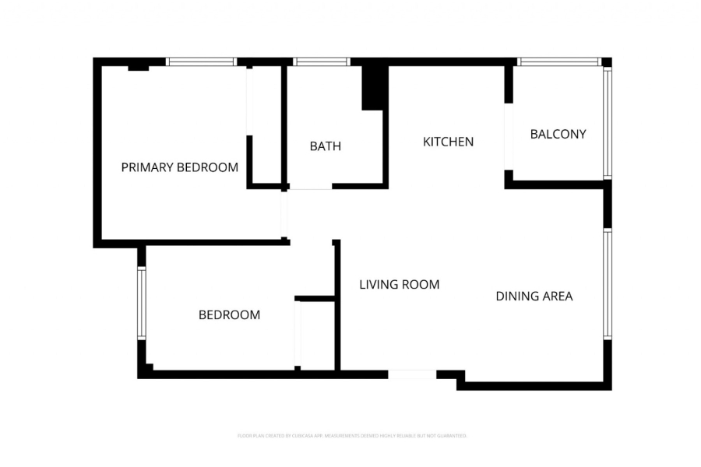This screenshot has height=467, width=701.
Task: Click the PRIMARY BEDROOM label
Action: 180,167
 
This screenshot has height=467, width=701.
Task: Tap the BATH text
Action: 326,146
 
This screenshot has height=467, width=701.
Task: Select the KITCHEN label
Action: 449,142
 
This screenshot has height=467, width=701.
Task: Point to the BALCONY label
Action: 558,134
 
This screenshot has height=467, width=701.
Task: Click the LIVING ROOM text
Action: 400,285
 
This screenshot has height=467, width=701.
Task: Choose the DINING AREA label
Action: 534,296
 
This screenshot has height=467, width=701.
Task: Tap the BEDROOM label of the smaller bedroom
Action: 229,315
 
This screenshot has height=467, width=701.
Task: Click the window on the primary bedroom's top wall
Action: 201,61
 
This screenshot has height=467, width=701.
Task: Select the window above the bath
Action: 321,61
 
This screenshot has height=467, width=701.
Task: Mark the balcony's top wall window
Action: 558,61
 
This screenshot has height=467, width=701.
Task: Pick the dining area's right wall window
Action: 608,284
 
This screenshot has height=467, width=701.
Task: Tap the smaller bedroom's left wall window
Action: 142,304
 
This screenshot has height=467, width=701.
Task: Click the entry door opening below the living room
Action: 412,374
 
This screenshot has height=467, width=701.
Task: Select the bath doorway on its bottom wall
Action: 311,187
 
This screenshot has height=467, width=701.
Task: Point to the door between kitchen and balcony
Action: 509,136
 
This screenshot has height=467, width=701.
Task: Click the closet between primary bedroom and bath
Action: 266,125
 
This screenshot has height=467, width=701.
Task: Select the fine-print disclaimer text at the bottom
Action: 351,436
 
